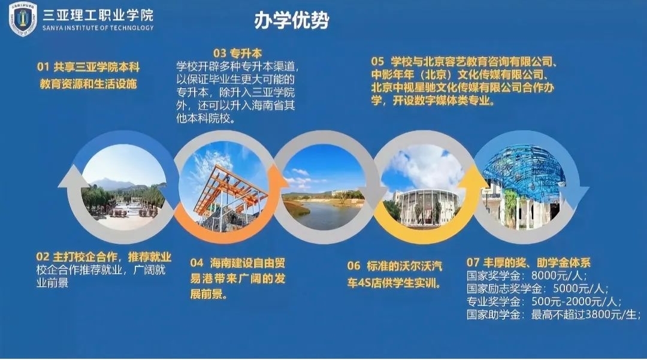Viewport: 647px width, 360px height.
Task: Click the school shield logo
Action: [23, 19]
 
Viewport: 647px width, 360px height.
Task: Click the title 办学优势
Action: [292, 20]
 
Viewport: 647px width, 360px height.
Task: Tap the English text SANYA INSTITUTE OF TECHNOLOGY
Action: [98, 28]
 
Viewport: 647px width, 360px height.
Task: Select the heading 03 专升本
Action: [237, 53]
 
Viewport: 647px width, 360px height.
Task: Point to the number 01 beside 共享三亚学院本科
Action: [43, 67]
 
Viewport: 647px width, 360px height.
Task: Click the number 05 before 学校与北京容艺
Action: [377, 62]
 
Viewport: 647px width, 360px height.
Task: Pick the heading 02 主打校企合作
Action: [103, 256]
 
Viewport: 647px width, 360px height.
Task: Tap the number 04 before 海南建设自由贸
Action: [197, 263]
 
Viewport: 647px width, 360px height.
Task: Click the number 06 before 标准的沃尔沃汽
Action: [353, 265]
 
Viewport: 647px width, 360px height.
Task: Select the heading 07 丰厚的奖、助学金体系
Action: [528, 262]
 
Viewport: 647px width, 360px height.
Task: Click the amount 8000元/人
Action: [559, 275]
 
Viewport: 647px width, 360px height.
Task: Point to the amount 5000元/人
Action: [581, 288]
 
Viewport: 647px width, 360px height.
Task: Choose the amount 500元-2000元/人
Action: [576, 301]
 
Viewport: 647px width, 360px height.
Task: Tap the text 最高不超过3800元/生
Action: [585, 314]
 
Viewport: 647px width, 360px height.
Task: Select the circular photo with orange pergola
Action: [223, 187]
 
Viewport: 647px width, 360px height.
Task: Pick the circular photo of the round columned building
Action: [424, 187]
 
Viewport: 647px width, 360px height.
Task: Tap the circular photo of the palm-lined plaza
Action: [123, 187]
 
